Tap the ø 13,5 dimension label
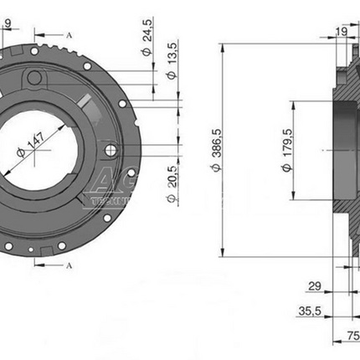coord(171,64)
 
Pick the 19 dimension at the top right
coord(341,32)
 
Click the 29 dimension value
coord(315,287)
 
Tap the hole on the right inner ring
coord(110,150)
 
